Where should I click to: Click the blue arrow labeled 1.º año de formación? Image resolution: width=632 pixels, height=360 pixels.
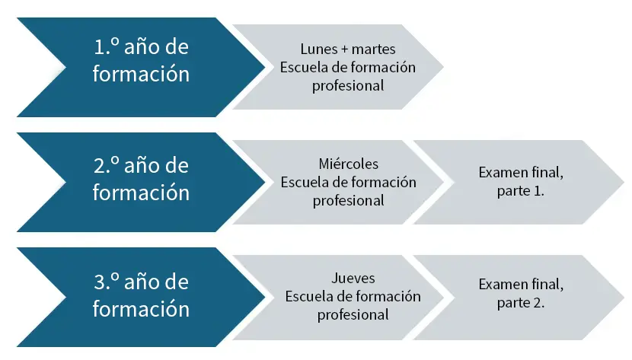141,67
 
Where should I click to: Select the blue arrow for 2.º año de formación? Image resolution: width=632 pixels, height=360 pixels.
141,182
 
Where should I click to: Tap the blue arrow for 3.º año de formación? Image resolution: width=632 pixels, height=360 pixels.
141,297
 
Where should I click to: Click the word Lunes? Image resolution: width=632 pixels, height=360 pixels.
319,49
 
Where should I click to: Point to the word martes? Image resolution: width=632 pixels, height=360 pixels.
374,49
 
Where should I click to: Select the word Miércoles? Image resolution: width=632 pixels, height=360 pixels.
349,164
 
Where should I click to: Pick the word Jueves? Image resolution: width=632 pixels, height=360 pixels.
353,279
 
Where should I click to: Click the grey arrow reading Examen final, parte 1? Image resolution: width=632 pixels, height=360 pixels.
520,182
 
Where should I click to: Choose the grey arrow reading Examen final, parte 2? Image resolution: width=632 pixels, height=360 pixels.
520,297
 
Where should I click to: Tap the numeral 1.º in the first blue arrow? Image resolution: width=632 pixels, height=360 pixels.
107,46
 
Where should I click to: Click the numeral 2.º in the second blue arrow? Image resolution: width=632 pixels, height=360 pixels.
107,165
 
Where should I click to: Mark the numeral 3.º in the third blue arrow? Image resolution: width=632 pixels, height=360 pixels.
107,282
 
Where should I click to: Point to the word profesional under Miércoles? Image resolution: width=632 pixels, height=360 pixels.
349,201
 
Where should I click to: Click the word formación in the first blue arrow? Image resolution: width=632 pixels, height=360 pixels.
141,74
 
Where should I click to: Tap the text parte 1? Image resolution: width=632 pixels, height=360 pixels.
520,191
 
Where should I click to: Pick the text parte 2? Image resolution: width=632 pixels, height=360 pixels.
520,303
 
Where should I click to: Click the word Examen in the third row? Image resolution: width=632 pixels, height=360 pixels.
503,285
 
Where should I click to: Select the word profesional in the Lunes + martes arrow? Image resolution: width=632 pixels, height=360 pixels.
348,86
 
